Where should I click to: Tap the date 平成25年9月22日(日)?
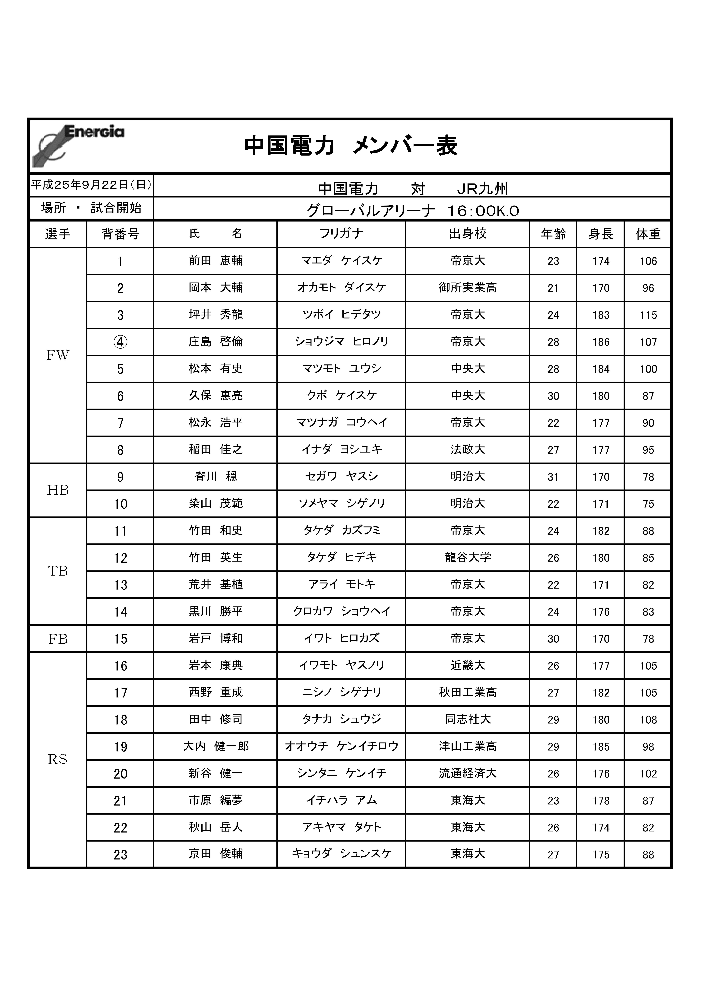click(91, 185)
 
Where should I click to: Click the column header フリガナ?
click(341, 234)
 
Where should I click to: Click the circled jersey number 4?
click(121, 342)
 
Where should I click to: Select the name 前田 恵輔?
click(216, 261)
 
